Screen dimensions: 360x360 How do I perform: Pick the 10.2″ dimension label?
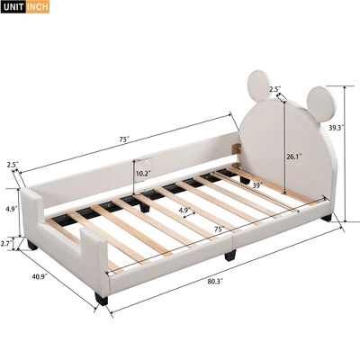[x=142, y=173]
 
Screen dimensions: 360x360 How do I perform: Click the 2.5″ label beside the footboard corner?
[x=13, y=164]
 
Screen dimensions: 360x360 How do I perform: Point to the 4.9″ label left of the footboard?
[x=10, y=208]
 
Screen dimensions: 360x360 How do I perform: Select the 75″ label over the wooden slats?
[x=219, y=229]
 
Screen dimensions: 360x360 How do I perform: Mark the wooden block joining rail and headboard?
[x=238, y=146]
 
